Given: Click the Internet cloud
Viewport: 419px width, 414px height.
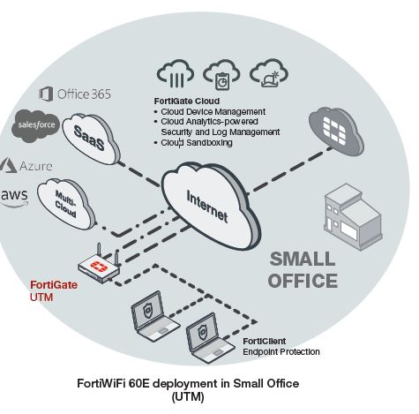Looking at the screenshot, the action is click(x=210, y=206).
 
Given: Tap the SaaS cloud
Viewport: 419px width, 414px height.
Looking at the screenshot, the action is click(x=91, y=139).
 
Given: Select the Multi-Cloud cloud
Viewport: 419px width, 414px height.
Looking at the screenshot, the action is click(x=67, y=204).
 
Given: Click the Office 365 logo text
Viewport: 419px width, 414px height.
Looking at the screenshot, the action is click(x=75, y=94).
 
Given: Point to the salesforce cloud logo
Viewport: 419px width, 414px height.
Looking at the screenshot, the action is click(x=35, y=126).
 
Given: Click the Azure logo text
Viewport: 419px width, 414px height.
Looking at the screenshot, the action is click(x=26, y=166).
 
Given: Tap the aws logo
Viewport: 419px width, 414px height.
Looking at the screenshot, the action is click(x=14, y=198).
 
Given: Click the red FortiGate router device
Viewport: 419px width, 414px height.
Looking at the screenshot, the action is click(x=100, y=265).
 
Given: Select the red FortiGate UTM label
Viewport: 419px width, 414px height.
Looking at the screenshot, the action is click(x=54, y=291).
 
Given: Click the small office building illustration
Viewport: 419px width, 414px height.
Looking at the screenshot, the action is click(x=353, y=217).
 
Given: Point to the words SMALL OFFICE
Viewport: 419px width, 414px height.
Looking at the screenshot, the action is click(x=303, y=270).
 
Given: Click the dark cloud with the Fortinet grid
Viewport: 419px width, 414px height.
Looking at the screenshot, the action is click(x=336, y=131).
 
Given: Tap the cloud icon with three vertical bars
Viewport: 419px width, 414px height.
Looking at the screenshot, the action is click(x=176, y=73).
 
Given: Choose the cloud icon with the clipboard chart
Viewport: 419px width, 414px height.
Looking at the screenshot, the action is click(x=221, y=74).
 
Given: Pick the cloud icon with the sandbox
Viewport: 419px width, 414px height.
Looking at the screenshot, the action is click(x=269, y=73).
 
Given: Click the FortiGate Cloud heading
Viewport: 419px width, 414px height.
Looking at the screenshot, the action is click(x=187, y=101).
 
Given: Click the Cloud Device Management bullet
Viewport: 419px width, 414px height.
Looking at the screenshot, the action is click(x=210, y=112).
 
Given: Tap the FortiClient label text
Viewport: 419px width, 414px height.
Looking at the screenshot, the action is click(x=265, y=341).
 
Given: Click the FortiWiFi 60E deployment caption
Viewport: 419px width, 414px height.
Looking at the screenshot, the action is click(x=188, y=389).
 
